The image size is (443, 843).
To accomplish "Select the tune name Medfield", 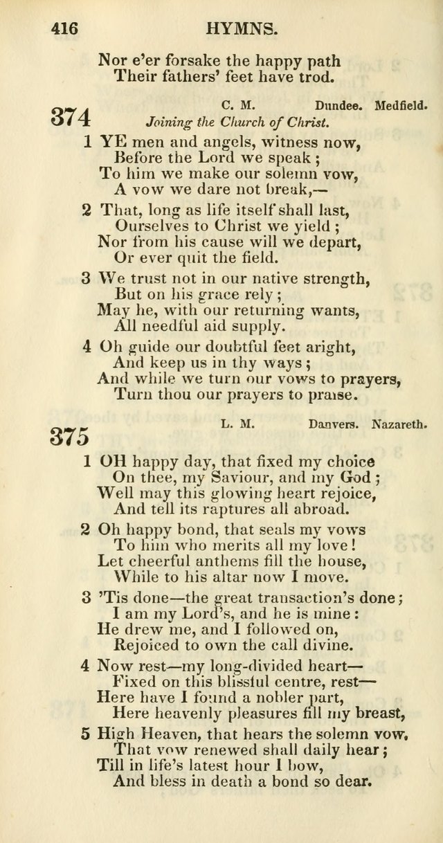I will tap(401, 106).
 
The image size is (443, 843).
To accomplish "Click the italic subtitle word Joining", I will tap(169, 123).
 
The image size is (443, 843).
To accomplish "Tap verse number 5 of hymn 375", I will tap(85, 733).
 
